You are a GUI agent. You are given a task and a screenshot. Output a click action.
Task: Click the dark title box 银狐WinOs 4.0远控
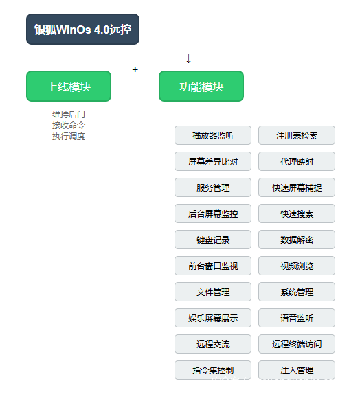82,29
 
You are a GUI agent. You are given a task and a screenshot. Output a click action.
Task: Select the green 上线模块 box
69,86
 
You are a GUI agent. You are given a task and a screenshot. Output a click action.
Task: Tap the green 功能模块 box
201,86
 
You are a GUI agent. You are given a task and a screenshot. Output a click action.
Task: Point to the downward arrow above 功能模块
188,58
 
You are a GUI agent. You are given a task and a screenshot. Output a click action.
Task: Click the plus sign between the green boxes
135,69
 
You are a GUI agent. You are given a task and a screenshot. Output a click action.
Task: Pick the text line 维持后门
69,115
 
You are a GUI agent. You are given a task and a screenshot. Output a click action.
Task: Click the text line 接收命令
69,125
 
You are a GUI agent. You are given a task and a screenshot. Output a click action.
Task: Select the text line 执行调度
69,136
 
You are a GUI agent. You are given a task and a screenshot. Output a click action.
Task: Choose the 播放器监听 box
213,135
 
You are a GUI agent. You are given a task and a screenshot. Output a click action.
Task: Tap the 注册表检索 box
297,135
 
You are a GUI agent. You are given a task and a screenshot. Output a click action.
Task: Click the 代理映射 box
297,161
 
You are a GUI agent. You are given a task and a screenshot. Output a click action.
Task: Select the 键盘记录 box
213,240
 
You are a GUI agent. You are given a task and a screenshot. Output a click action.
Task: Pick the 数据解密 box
297,240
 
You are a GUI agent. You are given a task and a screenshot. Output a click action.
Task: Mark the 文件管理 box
213,292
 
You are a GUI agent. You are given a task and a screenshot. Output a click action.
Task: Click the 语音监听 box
297,318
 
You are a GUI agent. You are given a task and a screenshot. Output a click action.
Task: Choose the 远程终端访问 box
297,344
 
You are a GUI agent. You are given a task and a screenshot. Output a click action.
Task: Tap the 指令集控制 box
213,370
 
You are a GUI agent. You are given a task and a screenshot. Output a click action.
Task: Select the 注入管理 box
297,370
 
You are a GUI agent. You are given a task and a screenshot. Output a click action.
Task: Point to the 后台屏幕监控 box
213,213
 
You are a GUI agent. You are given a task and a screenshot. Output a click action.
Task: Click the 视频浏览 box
297,266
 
